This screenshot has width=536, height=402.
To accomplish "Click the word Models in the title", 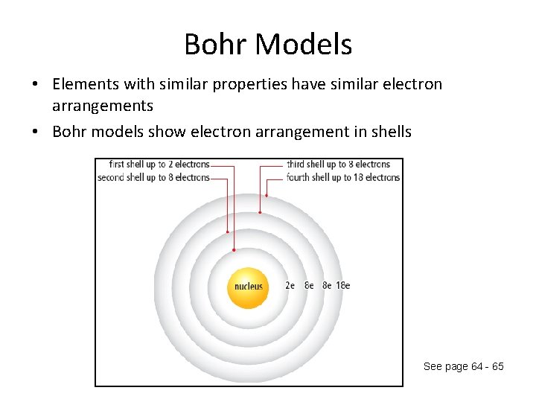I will coord(303,45).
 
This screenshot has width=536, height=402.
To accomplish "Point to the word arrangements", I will coord(103,106).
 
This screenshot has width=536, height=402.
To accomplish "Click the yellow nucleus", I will coord(249,287).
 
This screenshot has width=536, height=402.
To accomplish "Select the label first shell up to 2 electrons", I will coord(159,165).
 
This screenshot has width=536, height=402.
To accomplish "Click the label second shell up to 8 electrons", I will coord(153,178).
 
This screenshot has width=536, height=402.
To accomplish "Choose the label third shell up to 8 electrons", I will coord(339,165).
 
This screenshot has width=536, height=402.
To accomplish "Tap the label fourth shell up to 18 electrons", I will coord(343,178).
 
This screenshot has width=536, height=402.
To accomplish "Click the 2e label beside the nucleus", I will coord(290,285).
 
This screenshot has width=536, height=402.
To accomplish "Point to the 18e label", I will coord(342,285).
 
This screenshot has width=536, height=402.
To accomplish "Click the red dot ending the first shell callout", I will coord(234,250).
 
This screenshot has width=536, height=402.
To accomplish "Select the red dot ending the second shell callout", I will coord(228,232).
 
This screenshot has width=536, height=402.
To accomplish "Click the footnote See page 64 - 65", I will coord(463,366).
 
